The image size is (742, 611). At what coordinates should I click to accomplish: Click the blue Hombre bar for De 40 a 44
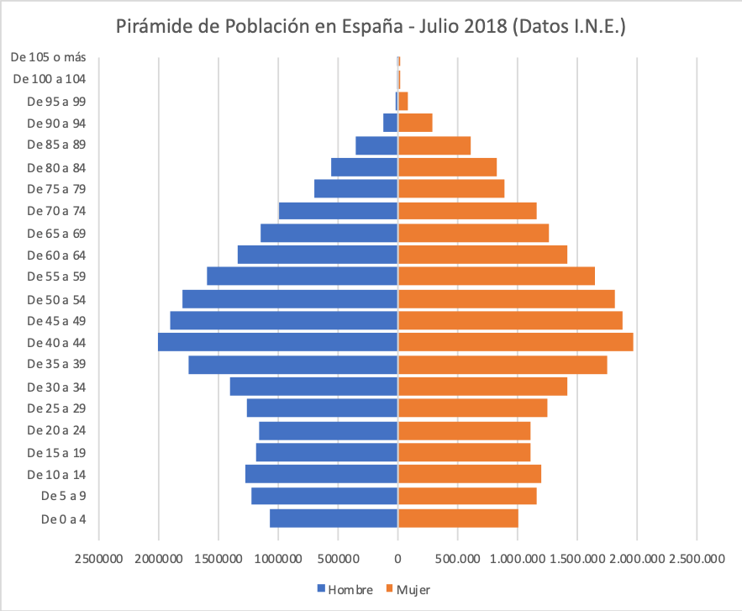pyautogui.click(x=277, y=342)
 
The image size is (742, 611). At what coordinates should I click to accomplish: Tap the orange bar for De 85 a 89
pyautogui.click(x=434, y=145)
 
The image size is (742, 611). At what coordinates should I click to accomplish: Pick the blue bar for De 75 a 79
pyautogui.click(x=355, y=189)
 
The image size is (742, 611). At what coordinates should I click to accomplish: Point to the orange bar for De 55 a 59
pyautogui.click(x=496, y=277)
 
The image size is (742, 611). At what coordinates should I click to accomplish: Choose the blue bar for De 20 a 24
pyautogui.click(x=328, y=430)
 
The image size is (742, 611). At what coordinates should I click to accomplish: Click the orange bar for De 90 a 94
pyautogui.click(x=415, y=123)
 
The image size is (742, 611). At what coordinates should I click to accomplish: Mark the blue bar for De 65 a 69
pyautogui.click(x=329, y=233)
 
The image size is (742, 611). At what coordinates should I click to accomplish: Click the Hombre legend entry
pyautogui.click(x=345, y=589)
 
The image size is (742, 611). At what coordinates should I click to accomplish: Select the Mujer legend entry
pyautogui.click(x=411, y=589)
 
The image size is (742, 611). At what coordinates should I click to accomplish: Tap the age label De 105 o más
pyautogui.click(x=50, y=57)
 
